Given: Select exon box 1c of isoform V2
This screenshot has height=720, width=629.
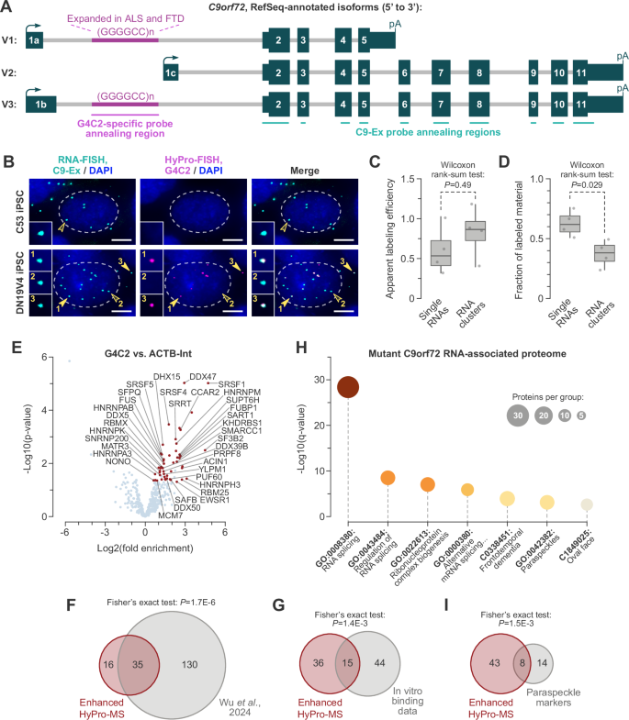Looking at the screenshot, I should coord(170,72).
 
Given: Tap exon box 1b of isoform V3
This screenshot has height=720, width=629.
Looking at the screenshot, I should coord(42,104).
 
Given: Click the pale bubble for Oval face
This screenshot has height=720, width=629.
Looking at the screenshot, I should coord(588,504).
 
